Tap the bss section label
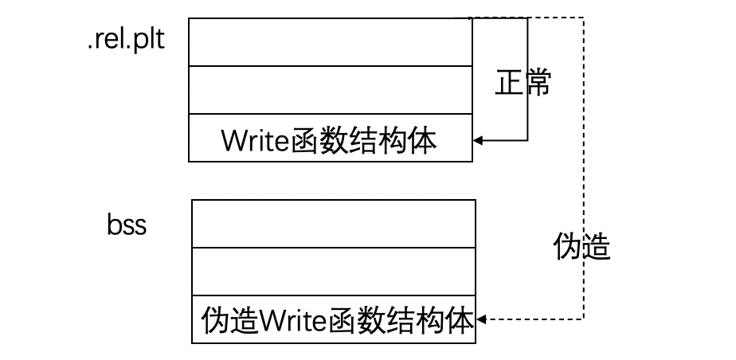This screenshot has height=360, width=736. pos(127,225)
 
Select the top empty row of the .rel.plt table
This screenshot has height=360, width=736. pos(330,42)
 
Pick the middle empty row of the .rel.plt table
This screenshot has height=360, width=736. pos(330,90)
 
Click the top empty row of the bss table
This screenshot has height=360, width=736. pos(334,224)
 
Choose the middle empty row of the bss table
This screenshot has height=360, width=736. pos(334,272)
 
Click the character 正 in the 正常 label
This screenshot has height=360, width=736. pos(509,83)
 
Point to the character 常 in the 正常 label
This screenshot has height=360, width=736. pos(538,83)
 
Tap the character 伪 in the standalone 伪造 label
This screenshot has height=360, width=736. pos(566,248)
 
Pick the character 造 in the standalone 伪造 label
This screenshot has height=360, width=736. pos(596,248)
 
